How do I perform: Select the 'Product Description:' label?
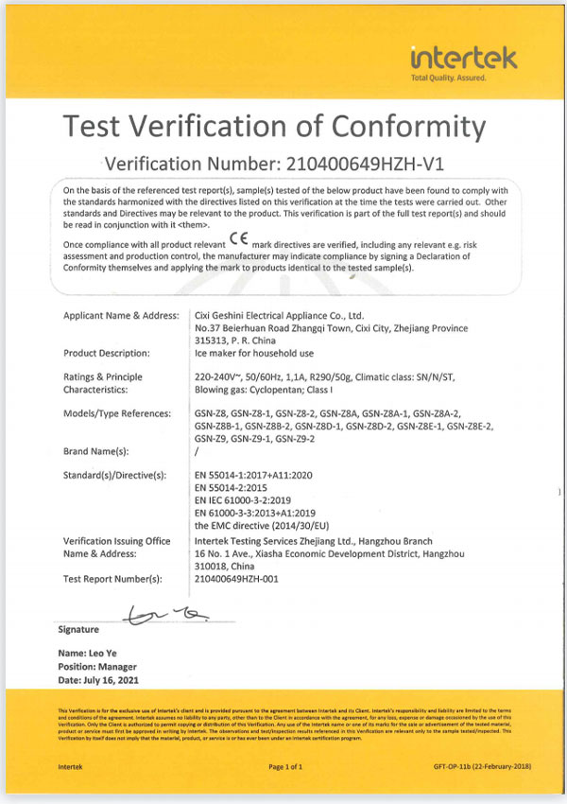tap(107, 354)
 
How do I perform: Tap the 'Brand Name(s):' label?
tap(94, 451)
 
